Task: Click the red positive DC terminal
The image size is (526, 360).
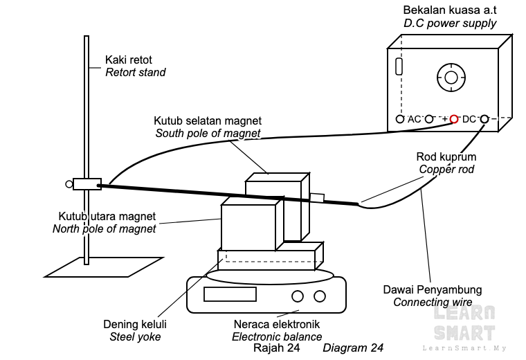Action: (454, 119)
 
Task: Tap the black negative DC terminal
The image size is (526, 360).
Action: (484, 119)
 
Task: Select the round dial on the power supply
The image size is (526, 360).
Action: (451, 78)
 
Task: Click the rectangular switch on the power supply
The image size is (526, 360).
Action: (399, 66)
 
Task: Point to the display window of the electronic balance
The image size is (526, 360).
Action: (230, 294)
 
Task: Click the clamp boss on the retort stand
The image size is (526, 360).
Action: (87, 184)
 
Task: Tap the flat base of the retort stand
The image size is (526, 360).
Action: (104, 267)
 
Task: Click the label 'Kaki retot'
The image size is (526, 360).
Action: (129, 60)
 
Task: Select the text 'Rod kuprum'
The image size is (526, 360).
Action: (446, 156)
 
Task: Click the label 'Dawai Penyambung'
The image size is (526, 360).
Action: (433, 290)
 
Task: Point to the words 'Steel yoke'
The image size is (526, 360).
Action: (135, 337)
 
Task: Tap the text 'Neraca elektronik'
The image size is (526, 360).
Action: (277, 325)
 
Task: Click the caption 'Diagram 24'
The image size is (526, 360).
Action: (353, 348)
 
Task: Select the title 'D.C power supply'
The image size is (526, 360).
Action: (450, 24)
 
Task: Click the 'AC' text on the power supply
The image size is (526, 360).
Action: (414, 119)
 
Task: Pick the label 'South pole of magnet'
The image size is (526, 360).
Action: (208, 133)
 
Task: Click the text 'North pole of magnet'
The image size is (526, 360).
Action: (105, 229)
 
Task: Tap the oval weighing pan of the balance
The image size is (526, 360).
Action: (270, 276)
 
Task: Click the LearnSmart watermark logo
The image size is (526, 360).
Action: (464, 327)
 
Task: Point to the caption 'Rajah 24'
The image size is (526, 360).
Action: (276, 348)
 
